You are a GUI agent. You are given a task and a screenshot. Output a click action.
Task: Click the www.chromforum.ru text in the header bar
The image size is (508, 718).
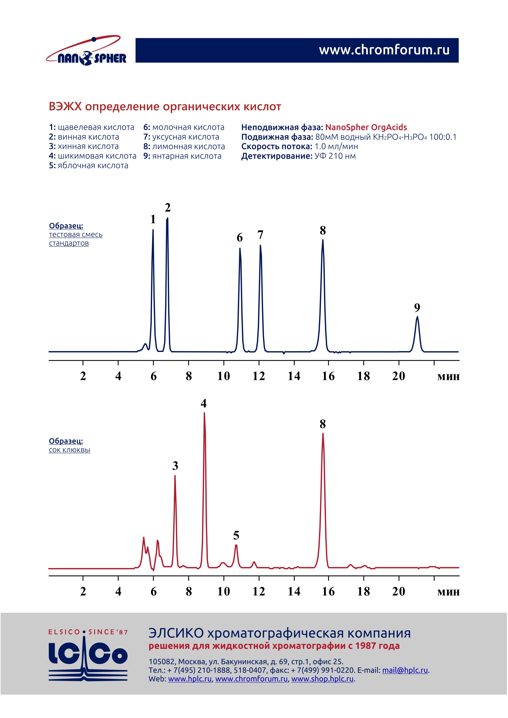tap(384, 50)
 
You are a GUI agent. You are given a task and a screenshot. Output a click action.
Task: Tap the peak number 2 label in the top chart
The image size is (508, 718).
tap(168, 208)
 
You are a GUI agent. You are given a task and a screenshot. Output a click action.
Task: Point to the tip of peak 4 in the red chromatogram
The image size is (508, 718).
tap(204, 414)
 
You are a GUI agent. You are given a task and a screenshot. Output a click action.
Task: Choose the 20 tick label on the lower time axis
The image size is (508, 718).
tap(398, 592)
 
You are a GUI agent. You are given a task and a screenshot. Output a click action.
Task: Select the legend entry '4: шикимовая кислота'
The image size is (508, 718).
tap(93, 156)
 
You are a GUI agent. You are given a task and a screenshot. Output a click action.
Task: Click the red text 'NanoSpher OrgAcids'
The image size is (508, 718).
tap(366, 127)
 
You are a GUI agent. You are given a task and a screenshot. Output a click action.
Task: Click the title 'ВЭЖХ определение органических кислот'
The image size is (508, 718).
tap(165, 107)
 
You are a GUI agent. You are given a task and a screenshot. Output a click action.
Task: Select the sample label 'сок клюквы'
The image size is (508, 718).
tap(69, 450)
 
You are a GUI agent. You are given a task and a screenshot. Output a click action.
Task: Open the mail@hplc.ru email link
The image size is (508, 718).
tap(405, 670)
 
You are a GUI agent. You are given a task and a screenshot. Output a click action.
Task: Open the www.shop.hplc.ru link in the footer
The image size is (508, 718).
tap(322, 679)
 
